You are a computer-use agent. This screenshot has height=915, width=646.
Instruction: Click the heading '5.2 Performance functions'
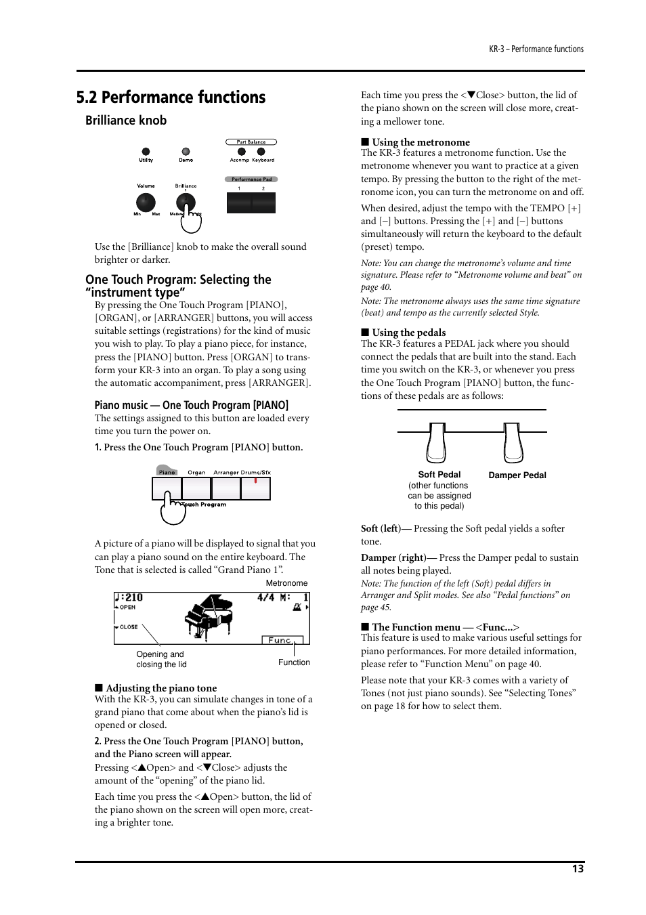171,98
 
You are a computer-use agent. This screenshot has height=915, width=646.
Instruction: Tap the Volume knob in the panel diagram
146,202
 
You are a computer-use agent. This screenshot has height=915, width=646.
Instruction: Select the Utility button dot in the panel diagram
146,152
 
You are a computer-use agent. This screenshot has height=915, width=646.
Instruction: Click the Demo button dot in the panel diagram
186,152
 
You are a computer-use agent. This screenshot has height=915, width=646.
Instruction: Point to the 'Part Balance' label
251,142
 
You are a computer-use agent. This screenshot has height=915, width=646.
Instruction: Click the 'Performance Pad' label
251,179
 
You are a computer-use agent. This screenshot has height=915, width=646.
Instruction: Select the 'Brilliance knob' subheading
126,121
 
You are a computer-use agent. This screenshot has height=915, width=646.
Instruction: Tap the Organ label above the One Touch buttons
196,472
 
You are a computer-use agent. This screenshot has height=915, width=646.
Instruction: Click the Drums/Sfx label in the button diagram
256,472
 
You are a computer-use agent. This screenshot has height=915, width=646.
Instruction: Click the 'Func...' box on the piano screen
281,639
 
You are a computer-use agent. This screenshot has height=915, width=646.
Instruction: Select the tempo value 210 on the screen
133,597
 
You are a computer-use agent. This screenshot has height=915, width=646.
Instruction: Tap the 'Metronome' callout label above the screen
286,583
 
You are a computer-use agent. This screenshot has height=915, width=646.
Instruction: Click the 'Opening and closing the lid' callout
161,659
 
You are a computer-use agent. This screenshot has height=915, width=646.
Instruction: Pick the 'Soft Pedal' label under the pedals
439,475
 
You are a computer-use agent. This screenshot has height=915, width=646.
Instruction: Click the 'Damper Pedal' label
517,475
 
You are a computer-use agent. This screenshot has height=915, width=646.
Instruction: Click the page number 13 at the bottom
577,869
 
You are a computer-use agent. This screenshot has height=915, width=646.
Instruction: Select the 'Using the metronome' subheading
421,142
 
